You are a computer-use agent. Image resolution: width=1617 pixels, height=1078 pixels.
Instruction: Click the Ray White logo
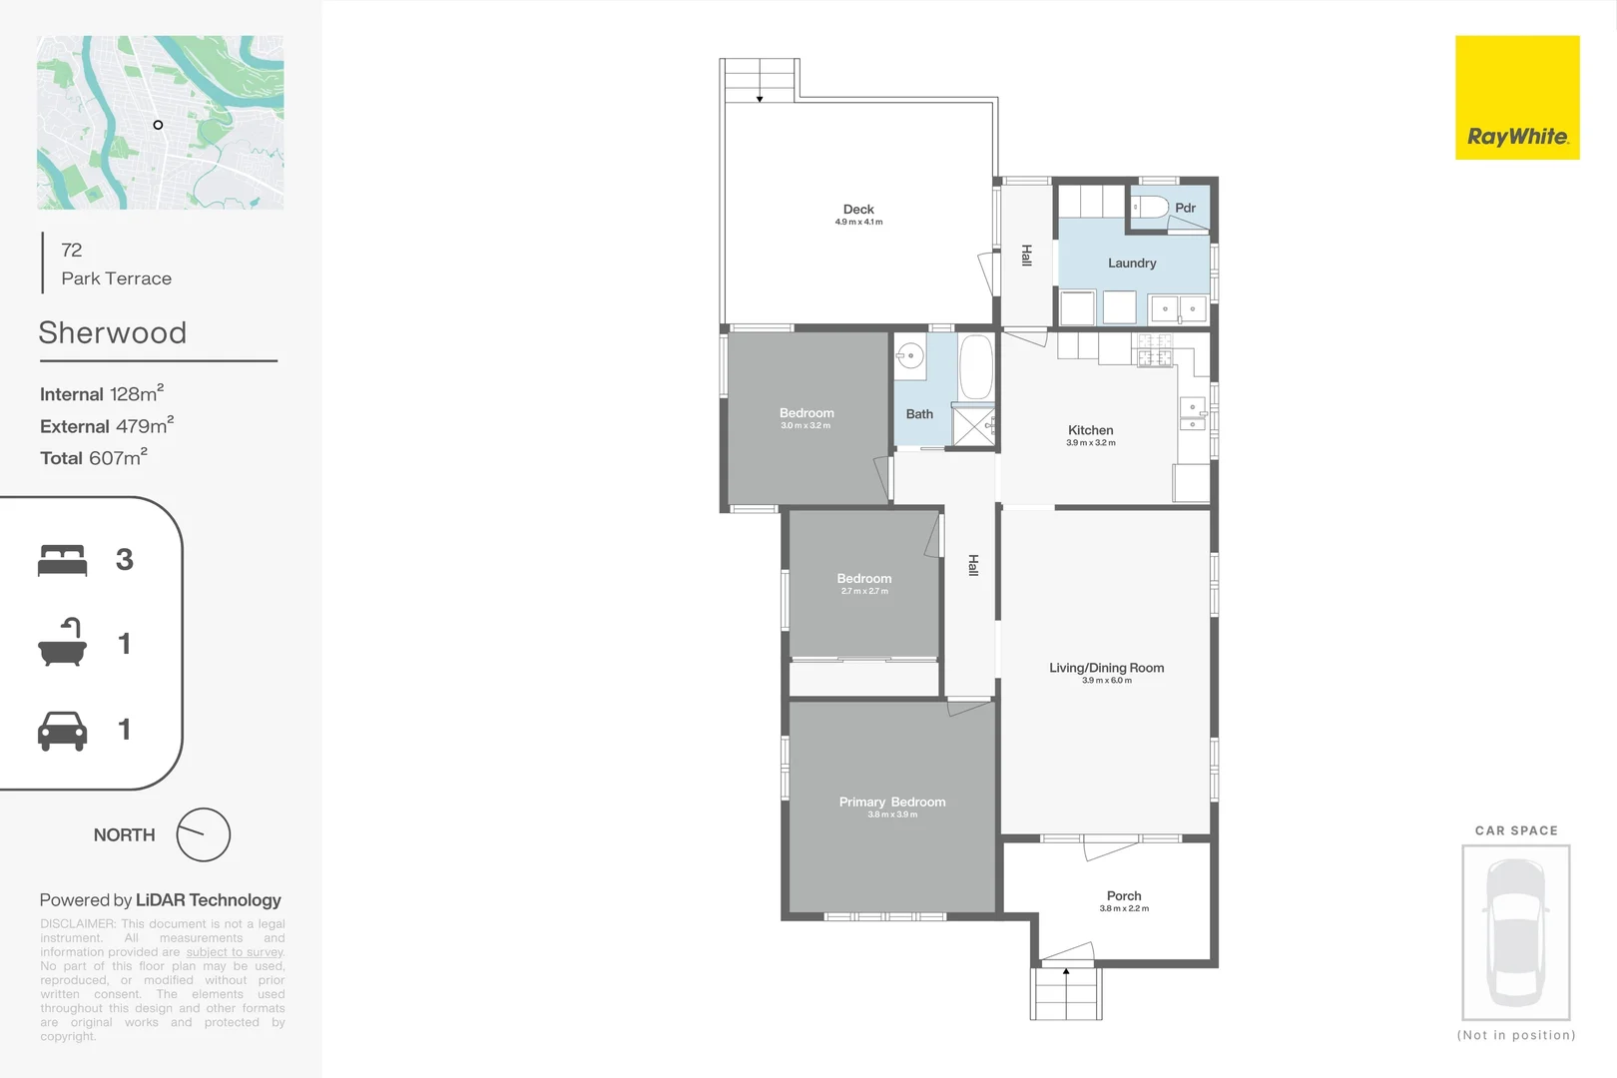tap(1516, 98)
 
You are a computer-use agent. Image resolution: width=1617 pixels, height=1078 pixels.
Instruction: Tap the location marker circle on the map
tap(158, 125)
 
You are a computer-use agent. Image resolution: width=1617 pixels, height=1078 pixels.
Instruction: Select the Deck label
tap(858, 210)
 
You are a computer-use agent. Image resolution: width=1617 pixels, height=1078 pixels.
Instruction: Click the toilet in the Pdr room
tap(1151, 208)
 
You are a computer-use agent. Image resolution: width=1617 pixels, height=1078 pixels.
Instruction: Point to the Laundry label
tap(1132, 264)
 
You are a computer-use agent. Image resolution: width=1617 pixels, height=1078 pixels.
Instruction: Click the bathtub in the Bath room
tap(975, 366)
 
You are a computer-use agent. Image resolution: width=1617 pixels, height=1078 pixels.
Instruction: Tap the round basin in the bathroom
tap(909, 355)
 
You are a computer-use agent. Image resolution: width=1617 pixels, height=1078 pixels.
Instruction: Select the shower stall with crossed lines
tap(973, 426)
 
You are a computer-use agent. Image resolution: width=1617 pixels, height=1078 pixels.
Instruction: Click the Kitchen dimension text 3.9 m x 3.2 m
tap(1090, 443)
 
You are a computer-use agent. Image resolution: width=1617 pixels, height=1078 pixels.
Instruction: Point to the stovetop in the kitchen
tap(1154, 350)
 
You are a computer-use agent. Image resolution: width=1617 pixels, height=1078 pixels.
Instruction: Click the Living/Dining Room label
tap(1106, 668)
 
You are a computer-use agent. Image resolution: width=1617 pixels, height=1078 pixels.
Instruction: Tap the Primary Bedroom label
tap(892, 802)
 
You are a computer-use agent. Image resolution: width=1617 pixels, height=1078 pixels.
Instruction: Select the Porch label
tap(1124, 896)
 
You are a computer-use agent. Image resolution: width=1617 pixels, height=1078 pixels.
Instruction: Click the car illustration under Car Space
tap(1515, 931)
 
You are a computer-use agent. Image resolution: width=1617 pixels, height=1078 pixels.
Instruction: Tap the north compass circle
tap(204, 834)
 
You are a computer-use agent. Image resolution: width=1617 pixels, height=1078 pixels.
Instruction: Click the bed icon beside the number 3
tap(62, 560)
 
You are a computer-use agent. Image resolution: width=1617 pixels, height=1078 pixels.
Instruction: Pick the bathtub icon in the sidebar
tap(62, 644)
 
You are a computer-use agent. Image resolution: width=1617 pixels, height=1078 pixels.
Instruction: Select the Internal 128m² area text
tap(102, 394)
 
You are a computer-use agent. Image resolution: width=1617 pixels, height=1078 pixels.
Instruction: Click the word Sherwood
tap(113, 332)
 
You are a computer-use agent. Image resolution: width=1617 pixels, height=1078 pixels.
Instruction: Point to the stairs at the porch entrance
tap(1066, 992)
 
